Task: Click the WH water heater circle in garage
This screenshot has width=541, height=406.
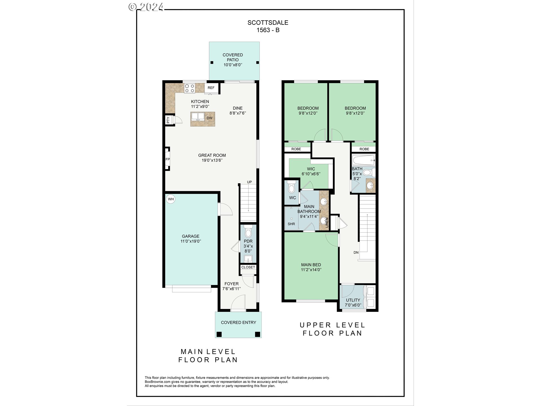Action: click(171, 199)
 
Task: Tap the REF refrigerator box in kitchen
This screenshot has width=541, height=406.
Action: click(211, 88)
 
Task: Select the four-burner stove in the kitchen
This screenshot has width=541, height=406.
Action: click(189, 88)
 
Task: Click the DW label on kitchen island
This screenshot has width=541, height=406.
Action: click(209, 118)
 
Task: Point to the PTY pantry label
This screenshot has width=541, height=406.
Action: click(168, 120)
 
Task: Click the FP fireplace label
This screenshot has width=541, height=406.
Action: click(168, 159)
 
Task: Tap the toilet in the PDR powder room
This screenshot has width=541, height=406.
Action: click(248, 232)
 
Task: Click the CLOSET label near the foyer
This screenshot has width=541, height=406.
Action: click(248, 267)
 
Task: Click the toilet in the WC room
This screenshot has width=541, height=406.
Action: click(292, 187)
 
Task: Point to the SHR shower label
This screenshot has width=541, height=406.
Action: click(291, 224)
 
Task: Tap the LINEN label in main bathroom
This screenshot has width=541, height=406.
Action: click(327, 222)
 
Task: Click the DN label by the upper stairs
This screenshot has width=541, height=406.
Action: click(356, 252)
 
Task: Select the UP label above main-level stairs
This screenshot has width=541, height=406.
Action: click(249, 182)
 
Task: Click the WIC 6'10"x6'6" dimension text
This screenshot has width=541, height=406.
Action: click(311, 174)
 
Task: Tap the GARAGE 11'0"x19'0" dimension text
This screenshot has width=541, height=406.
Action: click(191, 241)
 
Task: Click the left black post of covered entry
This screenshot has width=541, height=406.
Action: click(219, 334)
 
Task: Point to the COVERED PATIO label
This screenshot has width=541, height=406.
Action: click(233, 57)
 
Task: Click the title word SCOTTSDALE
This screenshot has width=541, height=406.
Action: click(268, 23)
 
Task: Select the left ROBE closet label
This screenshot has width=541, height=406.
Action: click(296, 149)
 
